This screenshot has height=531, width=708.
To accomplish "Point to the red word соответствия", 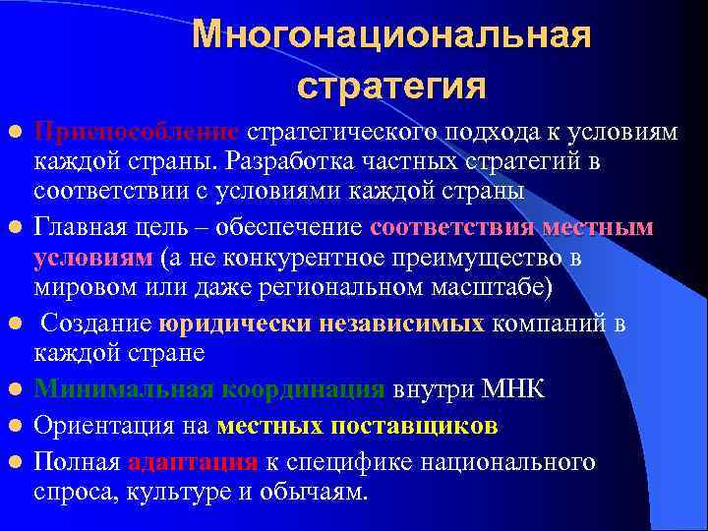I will (x=453, y=228).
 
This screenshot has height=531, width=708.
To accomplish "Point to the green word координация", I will (x=303, y=389).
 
